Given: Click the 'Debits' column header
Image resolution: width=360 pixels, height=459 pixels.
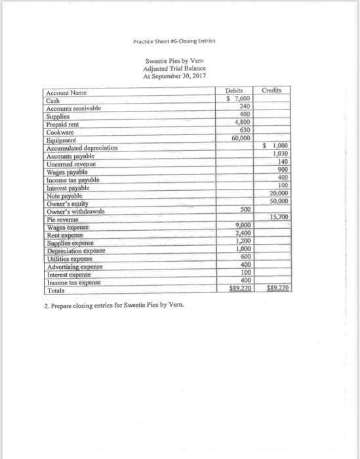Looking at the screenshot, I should coord(234,92).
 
